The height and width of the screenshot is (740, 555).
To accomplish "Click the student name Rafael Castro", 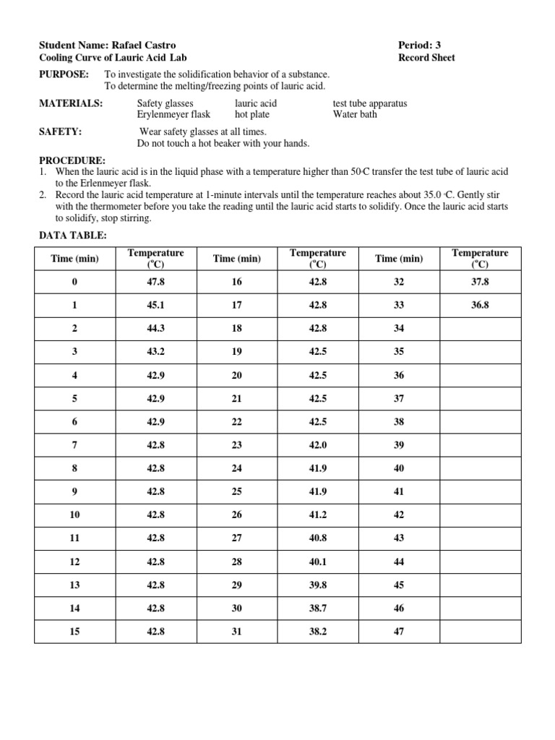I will coord(147,45).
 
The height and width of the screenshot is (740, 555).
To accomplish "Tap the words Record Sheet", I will coord(427,58).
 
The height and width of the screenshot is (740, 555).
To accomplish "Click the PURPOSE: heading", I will coord(64,74).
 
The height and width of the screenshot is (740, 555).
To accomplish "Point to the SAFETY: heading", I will coord(60,132).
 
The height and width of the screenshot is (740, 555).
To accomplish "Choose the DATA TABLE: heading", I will coord(73,236).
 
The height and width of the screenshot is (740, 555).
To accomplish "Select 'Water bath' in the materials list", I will coord(355,114).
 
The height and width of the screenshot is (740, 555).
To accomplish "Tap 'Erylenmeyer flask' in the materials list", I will coord(173,114).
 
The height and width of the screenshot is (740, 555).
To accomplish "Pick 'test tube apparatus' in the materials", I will coord(369,103).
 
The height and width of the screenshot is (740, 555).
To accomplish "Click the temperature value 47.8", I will coord(156,282).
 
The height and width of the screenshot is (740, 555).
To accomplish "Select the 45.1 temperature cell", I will coord(156,305).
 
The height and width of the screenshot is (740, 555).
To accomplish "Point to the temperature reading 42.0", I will coord(318,445).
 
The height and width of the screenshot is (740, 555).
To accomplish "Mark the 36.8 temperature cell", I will coord(480,305).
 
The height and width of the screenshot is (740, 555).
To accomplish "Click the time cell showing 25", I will coord(237,491).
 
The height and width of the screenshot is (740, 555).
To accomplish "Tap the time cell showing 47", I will coord(399,631).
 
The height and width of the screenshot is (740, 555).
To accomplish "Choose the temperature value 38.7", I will coord(318,608).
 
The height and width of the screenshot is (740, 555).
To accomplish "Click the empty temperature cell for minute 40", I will coord(480,468).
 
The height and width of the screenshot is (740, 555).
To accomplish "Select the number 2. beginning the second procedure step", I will coord(43,196).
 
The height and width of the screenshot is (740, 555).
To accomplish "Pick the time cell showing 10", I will coord(75,515).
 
